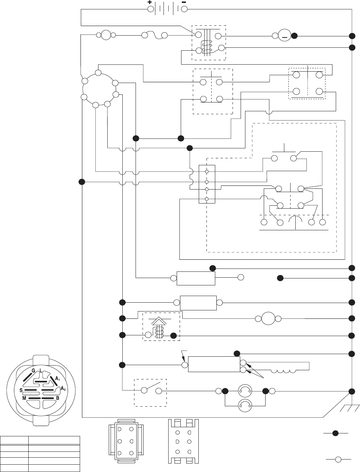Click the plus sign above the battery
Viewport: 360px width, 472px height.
coord(150,2)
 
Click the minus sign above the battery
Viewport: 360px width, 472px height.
coord(184,2)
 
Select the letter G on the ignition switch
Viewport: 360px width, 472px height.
coord(33,371)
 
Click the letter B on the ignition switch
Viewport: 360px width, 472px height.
coord(58,398)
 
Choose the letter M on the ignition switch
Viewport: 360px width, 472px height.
coord(24,398)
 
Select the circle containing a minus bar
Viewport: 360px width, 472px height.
coord(284,36)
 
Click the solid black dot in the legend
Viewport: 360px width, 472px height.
coord(335,433)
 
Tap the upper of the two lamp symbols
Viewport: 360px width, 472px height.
coord(245,390)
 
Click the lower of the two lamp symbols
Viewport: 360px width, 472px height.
coord(245,405)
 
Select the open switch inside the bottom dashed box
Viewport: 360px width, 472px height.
coord(152,391)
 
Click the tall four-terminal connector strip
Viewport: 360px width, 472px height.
coord(207,184)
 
